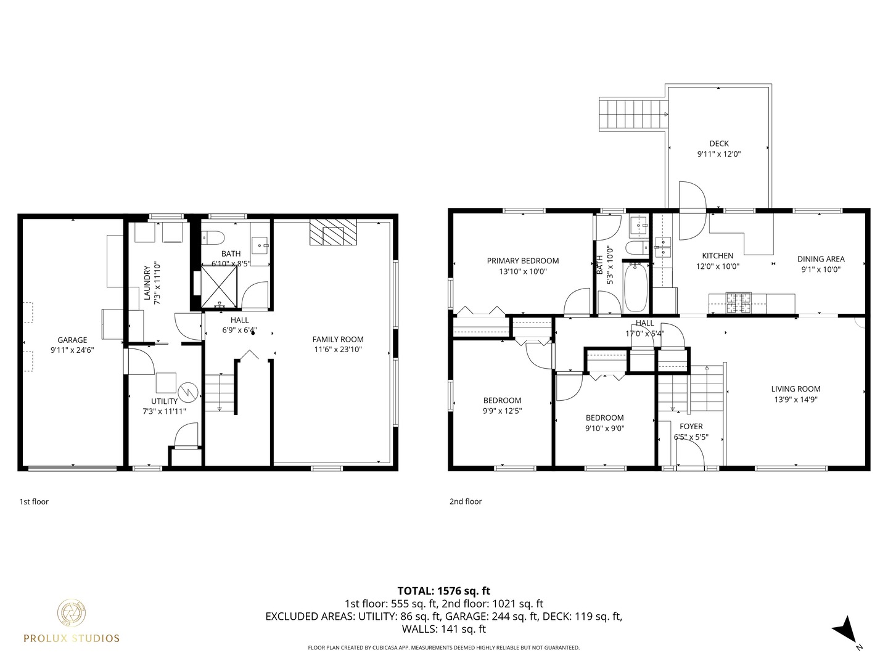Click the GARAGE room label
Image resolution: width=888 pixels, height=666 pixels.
(72, 340)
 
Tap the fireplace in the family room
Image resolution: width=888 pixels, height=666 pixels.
(333, 232)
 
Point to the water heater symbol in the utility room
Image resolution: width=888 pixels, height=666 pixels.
(187, 391)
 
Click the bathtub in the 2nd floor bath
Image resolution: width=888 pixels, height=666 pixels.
(636, 287)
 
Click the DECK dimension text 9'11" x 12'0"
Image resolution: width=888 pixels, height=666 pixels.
(718, 154)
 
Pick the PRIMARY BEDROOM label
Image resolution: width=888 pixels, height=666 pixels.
(522, 261)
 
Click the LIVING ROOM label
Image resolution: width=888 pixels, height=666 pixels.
(795, 388)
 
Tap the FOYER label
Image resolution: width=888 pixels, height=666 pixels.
(691, 426)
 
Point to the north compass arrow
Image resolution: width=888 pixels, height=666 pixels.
(845, 630)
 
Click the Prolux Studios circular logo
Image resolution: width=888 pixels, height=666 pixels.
(72, 613)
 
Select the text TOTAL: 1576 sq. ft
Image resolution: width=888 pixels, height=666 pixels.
(443, 591)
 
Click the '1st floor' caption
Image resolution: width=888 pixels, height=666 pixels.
(34, 501)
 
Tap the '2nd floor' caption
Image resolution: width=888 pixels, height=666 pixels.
(466, 501)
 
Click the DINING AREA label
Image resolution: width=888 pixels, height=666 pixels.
(820, 259)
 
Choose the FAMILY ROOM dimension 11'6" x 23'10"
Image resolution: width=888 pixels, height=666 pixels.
(338, 350)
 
